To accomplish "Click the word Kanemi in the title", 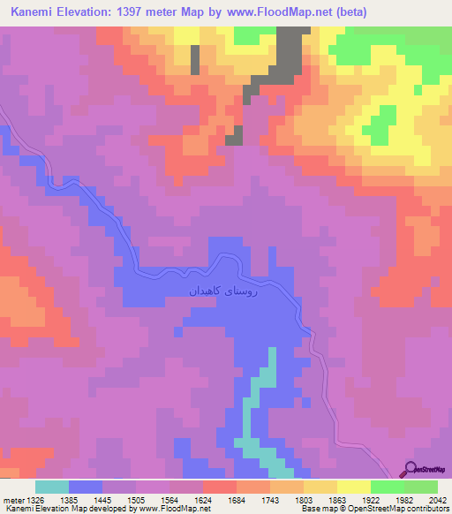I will pyautogui.click(x=32, y=12).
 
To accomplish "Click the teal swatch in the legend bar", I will pyautogui.click(x=52, y=487).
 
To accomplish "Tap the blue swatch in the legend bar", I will pyautogui.click(x=86, y=487).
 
